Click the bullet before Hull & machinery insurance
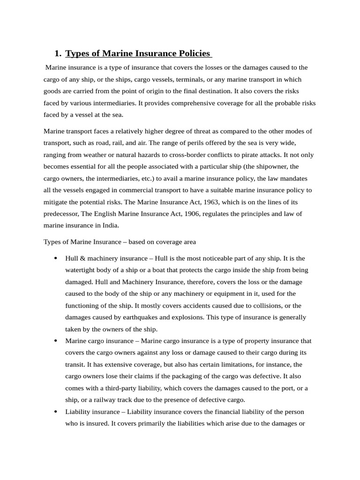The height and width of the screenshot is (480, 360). click(x=56, y=258)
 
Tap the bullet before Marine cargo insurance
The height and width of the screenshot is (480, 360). click(x=56, y=341)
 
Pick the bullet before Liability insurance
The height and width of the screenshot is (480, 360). click(x=56, y=412)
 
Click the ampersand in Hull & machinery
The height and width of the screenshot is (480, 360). click(x=82, y=258)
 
